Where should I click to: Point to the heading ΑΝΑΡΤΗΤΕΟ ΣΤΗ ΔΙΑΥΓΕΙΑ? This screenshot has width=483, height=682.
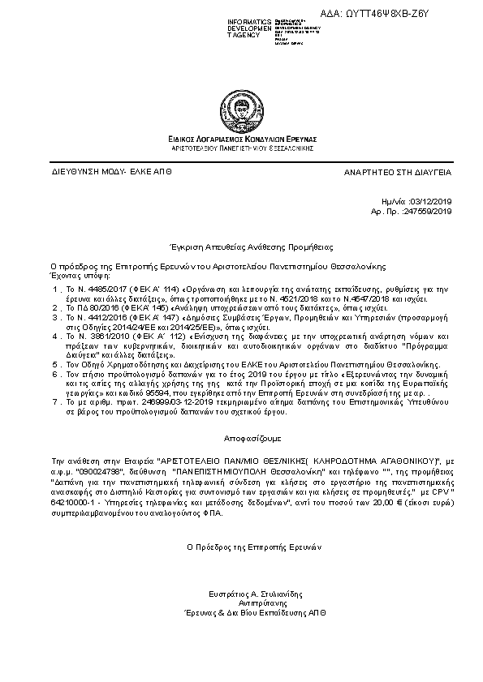coord(399,173)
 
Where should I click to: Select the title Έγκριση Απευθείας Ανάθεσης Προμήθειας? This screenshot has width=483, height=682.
coord(241,244)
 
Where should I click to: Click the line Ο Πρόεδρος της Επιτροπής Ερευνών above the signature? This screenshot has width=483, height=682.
coord(241,546)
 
